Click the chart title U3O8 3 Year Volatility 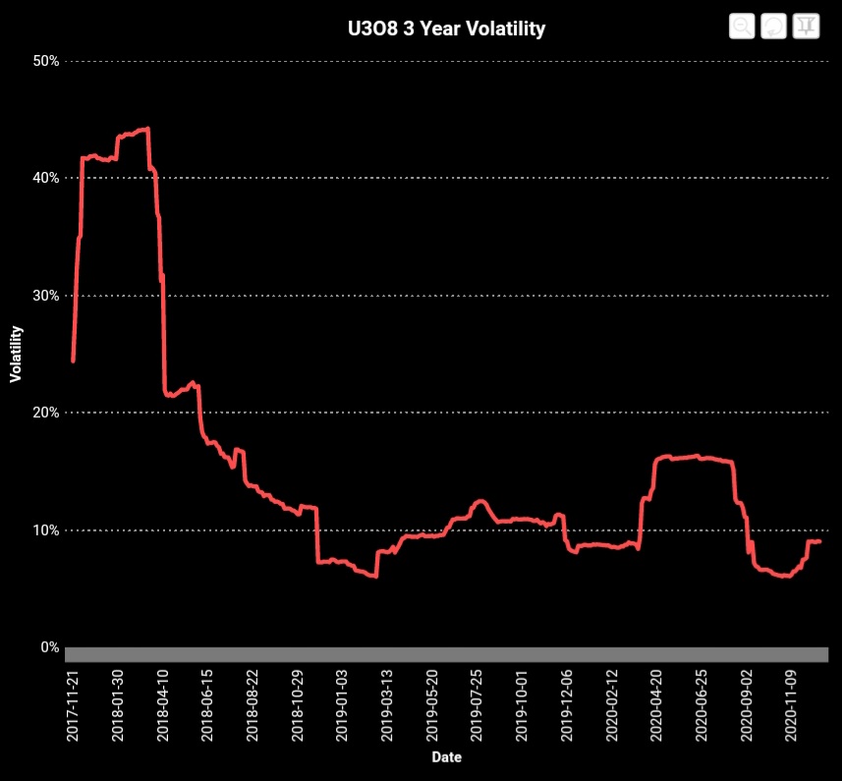click(446, 28)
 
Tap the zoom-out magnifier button click(742, 26)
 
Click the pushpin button click(806, 26)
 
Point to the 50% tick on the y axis click(47, 61)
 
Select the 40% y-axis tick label click(47, 178)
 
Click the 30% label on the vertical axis click(47, 296)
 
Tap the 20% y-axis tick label click(47, 413)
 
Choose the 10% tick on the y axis click(47, 530)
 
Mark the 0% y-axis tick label click(50, 647)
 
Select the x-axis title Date click(446, 757)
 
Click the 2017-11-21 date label click(73, 706)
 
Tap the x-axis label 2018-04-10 click(163, 706)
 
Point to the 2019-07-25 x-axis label click(477, 706)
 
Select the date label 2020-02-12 click(612, 706)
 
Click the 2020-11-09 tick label click(792, 706)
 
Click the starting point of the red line click(73, 361)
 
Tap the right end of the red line click(819, 541)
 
